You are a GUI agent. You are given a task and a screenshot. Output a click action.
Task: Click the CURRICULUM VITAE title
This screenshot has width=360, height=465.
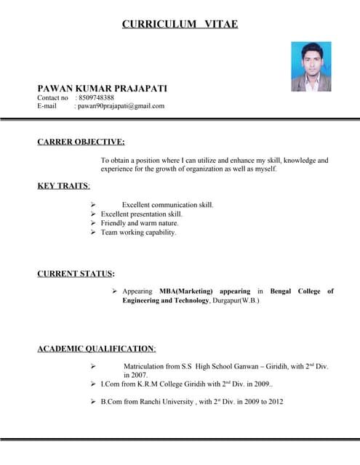(180, 24)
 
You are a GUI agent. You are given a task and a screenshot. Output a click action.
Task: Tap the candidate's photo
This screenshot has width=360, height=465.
(311, 66)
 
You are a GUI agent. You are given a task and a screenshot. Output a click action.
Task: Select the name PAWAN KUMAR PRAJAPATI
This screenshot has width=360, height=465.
(102, 88)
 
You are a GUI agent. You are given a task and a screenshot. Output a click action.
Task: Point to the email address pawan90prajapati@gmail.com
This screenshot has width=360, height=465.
(121, 106)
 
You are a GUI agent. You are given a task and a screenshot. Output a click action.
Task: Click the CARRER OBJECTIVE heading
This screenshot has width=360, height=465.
(81, 142)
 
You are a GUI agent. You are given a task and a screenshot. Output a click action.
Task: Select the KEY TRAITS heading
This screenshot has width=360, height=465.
(63, 186)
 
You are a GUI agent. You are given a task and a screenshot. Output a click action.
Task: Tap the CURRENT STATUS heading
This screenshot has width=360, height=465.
(75, 274)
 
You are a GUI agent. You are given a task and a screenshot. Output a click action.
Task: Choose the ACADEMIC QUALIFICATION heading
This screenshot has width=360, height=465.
(96, 349)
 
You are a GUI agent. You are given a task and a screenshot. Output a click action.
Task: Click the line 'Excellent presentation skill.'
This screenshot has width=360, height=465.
(141, 214)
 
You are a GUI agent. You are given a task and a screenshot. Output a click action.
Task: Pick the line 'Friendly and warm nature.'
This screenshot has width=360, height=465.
(139, 223)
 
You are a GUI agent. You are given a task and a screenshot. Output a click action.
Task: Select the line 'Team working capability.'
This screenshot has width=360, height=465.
(138, 232)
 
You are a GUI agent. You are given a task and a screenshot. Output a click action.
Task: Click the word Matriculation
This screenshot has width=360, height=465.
(145, 367)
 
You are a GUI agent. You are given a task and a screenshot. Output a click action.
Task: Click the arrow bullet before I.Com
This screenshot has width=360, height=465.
(93, 384)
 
